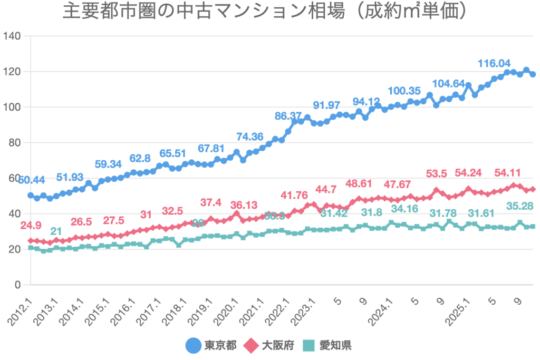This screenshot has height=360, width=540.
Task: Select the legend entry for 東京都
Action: coord(211,345)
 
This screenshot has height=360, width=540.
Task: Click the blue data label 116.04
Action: coord(494,64)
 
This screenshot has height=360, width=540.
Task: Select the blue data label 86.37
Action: coord(288,115)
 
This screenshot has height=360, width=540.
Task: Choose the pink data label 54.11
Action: coord(509,173)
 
